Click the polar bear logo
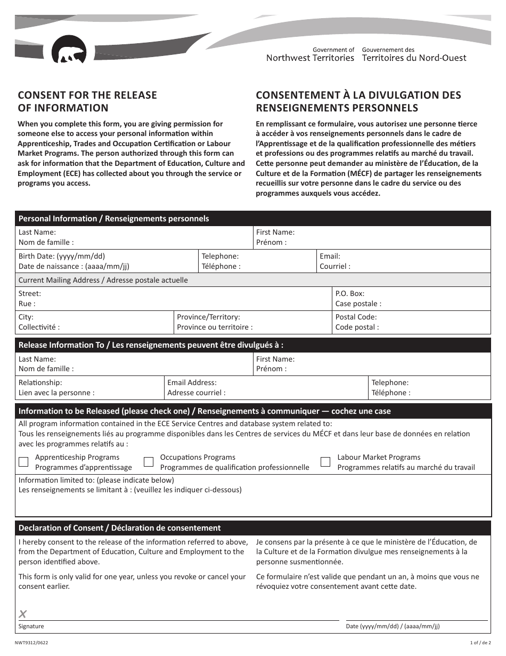click(x=69, y=51)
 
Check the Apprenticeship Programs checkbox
click(x=23, y=462)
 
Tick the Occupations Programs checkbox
click(x=149, y=462)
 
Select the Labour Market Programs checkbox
click(x=325, y=462)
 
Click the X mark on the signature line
click(x=22, y=614)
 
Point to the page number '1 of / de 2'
click(x=480, y=643)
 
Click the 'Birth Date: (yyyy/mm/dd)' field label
click(x=62, y=256)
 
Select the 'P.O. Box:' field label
click(x=350, y=293)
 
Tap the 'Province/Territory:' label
click(x=208, y=317)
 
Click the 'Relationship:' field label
click(x=40, y=382)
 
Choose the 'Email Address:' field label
click(x=192, y=382)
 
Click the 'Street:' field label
click(x=30, y=293)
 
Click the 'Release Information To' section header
click(x=61, y=345)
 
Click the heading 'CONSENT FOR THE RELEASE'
click(x=87, y=95)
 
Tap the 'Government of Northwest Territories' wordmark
click(x=310, y=54)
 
